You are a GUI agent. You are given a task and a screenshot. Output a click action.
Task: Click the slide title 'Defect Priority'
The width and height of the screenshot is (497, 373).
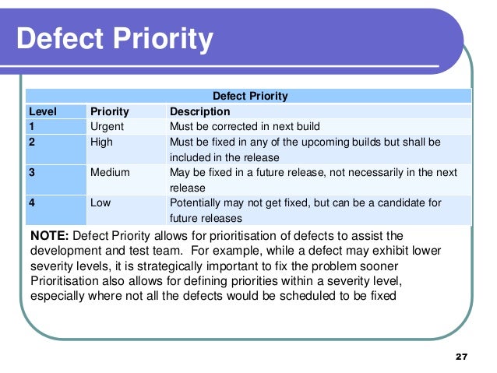tap(114, 40)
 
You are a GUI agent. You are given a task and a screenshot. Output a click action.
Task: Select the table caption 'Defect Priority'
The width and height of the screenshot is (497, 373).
tap(251, 96)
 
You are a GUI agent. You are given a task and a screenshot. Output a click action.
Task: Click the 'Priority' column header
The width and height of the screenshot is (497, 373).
tap(110, 111)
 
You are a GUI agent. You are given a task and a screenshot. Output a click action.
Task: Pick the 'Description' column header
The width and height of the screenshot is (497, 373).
tap(199, 111)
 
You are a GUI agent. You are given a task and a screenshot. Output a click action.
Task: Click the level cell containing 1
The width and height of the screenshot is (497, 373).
tap(32, 126)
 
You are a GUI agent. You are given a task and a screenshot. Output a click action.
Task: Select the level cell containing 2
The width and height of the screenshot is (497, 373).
tap(32, 143)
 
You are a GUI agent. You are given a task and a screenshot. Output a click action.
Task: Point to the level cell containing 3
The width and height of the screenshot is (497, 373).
tap(32, 172)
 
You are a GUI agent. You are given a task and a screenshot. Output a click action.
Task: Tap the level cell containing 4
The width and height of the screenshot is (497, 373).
tap(32, 202)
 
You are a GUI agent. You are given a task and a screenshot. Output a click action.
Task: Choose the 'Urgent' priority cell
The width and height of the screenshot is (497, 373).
tap(107, 126)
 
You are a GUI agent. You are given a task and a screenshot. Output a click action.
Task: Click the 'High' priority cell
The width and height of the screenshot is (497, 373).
tap(102, 143)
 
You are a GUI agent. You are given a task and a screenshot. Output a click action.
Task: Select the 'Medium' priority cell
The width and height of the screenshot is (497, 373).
tap(110, 172)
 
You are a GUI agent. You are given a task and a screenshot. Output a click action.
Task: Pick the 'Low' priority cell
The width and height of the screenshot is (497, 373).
tap(100, 202)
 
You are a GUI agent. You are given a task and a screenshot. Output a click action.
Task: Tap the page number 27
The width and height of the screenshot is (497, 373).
tap(460, 356)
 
